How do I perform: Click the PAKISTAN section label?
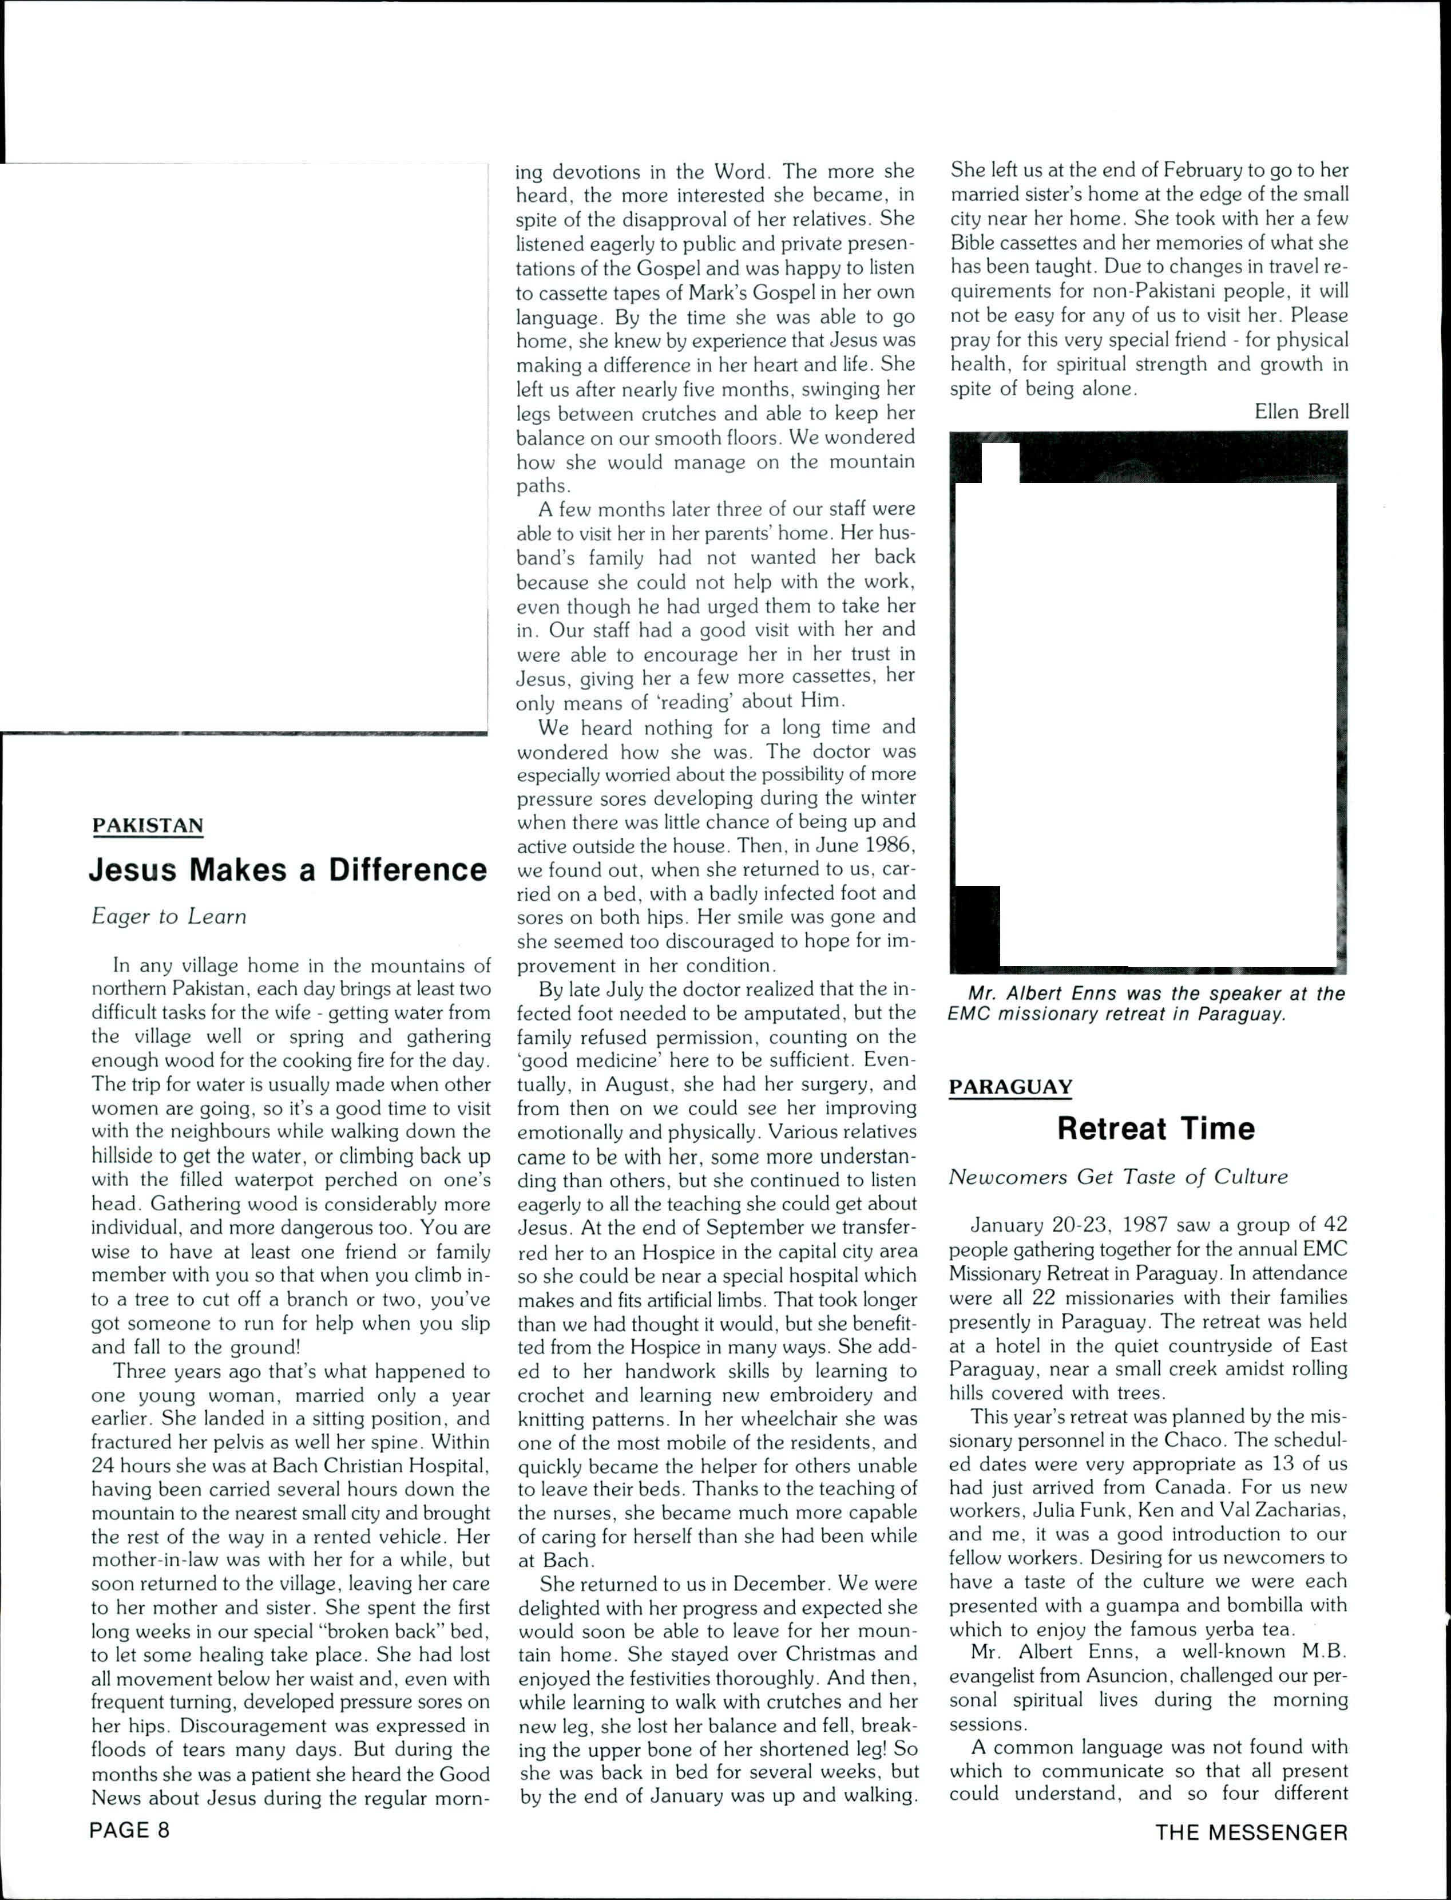click(x=148, y=826)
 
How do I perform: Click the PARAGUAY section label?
click(x=1010, y=1087)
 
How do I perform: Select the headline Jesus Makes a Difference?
click(x=288, y=870)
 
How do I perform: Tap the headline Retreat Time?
click(x=1156, y=1129)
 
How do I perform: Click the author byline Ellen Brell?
click(x=1301, y=412)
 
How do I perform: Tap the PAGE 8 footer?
click(x=129, y=1831)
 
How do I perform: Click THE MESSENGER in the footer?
click(x=1251, y=1832)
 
